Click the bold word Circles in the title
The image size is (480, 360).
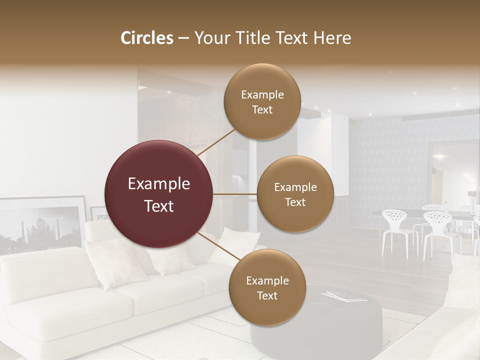tap(146, 38)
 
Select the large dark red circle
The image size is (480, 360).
tap(159, 194)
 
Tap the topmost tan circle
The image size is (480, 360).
tap(262, 101)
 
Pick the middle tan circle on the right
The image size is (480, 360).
tap(295, 194)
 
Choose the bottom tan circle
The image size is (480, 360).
tap(267, 287)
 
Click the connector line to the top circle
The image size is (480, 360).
tap(216, 141)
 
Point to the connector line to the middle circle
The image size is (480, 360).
tap(235, 194)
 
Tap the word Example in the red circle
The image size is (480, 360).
tap(159, 184)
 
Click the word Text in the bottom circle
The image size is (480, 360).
tap(267, 295)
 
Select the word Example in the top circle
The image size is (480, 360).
tap(262, 94)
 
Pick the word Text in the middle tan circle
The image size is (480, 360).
tap(295, 202)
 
